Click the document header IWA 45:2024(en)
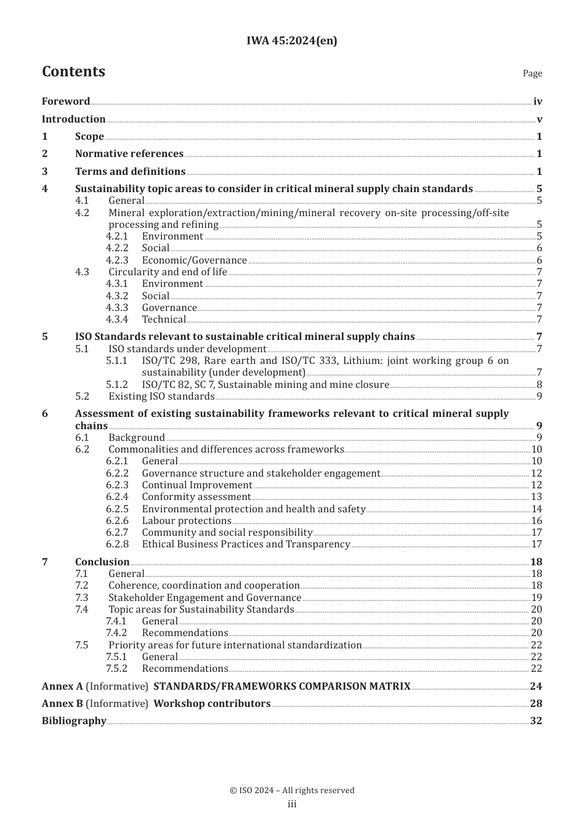292,41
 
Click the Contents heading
73,71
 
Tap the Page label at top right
532,73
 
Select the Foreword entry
66,101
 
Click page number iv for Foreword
538,102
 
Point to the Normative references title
129,154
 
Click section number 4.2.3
117,260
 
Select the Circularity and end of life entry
167,272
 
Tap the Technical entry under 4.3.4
164,319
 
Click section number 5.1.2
117,384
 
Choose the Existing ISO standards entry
161,396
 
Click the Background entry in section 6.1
137,437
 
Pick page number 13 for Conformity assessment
536,496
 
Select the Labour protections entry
187,520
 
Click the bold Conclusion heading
102,562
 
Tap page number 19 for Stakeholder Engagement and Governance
536,597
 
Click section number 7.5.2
116,668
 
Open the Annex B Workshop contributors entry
212,703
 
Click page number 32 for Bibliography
536,720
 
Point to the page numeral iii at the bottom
292,804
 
